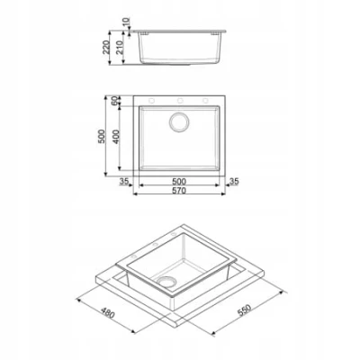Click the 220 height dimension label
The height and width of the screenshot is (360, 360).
[x=106, y=47]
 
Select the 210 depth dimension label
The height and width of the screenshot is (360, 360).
[x=120, y=47]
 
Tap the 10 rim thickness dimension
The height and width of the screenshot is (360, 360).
[x=126, y=22]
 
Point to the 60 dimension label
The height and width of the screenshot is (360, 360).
[x=114, y=101]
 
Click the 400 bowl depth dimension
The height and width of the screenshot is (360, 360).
[x=116, y=137]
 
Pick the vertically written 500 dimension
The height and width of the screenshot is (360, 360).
[x=102, y=136]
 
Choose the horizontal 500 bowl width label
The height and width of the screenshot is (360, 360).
[x=179, y=182]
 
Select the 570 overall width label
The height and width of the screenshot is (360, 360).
[x=179, y=191]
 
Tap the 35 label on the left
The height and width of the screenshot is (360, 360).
[x=124, y=181]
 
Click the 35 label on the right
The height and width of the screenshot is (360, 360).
[x=234, y=181]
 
